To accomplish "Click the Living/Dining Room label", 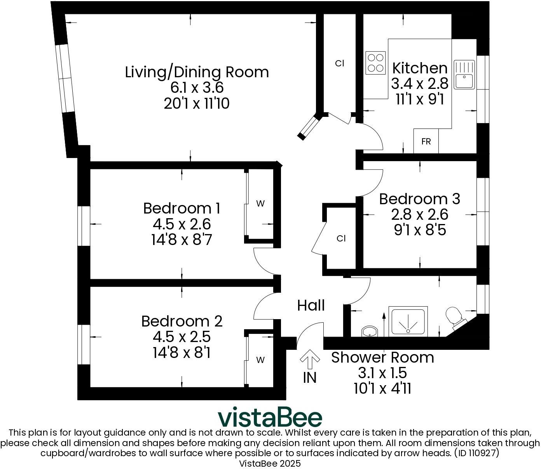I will tap(197, 72).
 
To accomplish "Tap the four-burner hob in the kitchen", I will tap(375, 63).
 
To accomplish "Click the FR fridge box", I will tap(426, 141).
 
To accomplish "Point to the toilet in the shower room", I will tap(454, 316).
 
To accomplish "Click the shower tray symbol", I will tap(408, 322).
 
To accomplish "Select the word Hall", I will tap(311, 306).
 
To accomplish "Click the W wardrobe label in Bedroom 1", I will tap(260, 203).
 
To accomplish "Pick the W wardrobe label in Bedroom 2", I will tap(260, 360).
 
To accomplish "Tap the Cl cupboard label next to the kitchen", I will tap(340, 64).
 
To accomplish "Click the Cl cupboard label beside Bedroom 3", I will tap(341, 238).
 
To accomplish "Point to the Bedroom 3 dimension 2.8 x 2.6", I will tap(420, 214).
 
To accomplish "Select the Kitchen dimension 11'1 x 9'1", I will tap(420, 99).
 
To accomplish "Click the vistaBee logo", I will tap(270, 417).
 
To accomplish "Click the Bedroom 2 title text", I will tap(181, 321).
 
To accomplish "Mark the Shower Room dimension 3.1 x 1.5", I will tap(382, 373).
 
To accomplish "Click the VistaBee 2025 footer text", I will tap(270, 463).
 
